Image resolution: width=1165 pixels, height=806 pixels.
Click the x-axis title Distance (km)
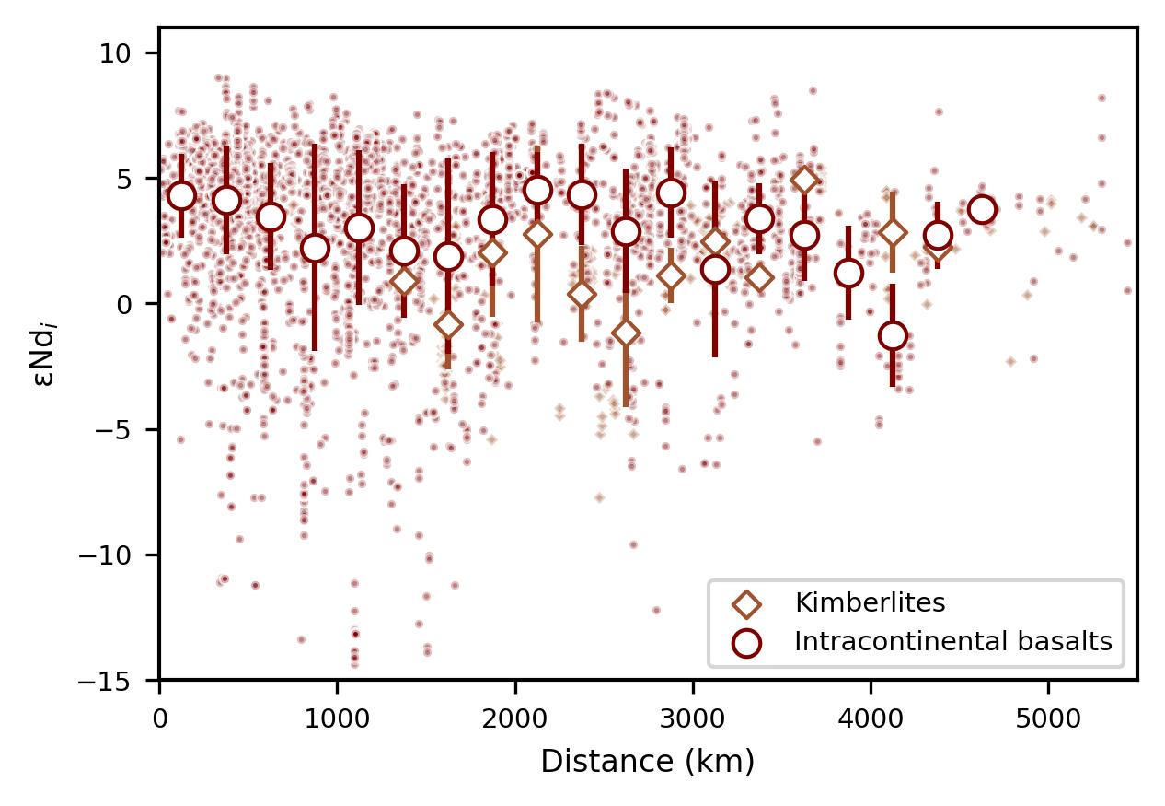pos(647,762)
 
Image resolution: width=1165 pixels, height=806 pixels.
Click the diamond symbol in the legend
pos(748,603)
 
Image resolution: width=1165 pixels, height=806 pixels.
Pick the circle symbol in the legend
pos(748,642)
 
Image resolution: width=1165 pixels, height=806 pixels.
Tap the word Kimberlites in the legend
pos(871,603)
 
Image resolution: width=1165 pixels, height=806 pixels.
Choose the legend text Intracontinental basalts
pos(953,642)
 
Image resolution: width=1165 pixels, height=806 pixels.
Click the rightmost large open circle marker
pos(982,209)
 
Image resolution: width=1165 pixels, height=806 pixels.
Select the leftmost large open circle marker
pos(182,195)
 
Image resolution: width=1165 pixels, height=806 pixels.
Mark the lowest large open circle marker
pos(893,336)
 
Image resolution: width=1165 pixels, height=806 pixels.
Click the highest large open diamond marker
pos(804,180)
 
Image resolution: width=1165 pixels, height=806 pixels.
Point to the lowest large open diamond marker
pos(626,333)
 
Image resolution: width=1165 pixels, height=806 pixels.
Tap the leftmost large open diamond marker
pos(404,281)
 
